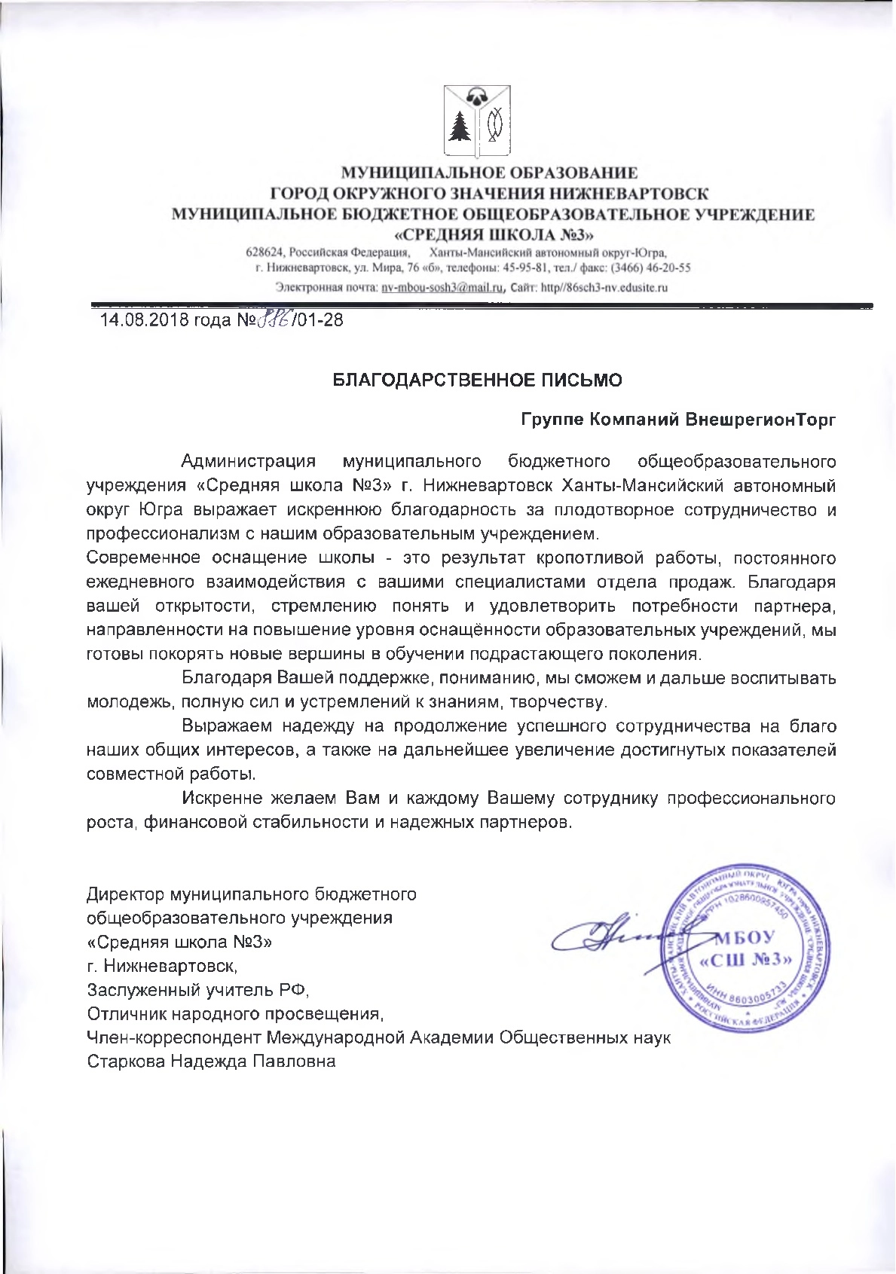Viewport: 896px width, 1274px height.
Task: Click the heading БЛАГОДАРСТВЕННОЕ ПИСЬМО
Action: (478, 380)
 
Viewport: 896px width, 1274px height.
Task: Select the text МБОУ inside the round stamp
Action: (744, 938)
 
